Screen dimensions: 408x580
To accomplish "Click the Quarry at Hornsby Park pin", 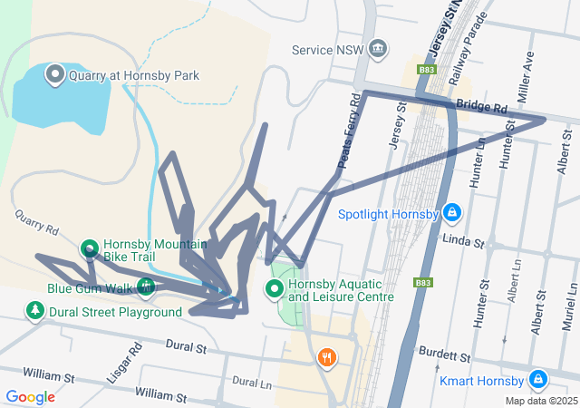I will pyautogui.click(x=54, y=74).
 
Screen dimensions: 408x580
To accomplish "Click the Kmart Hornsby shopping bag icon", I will pyautogui.click(x=537, y=379).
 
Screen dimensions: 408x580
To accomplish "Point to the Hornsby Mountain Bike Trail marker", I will pyautogui.click(x=90, y=248).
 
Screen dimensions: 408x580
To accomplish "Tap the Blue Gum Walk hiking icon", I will pyautogui.click(x=145, y=288).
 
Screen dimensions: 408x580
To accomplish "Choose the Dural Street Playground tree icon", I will pyautogui.click(x=35, y=312).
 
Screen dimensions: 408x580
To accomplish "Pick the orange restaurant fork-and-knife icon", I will pyautogui.click(x=326, y=358).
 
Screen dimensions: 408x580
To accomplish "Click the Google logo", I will pyautogui.click(x=30, y=396).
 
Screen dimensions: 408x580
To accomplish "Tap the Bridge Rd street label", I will pyautogui.click(x=481, y=106).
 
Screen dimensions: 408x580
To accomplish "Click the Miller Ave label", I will pyautogui.click(x=527, y=70).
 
